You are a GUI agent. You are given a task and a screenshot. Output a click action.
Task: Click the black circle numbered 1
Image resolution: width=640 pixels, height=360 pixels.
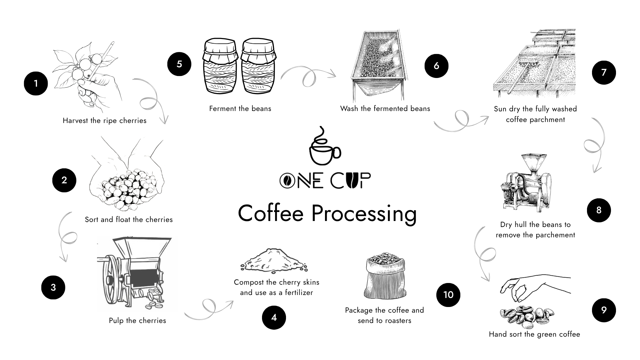coord(36,83)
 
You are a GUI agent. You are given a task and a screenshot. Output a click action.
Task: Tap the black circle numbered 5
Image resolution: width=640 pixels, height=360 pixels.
coord(179,64)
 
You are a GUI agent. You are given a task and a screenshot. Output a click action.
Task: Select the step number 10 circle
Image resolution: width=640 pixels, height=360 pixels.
coord(448,295)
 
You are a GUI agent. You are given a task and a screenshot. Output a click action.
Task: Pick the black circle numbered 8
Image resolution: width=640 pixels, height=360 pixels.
coord(599,210)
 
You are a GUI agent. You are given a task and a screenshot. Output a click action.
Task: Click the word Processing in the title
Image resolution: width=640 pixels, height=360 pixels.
coord(364,213)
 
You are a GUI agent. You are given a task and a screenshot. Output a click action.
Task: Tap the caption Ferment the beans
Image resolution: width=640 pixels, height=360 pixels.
coord(240,109)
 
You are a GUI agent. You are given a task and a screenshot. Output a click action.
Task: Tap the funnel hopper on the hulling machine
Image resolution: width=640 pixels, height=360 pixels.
coord(533,163)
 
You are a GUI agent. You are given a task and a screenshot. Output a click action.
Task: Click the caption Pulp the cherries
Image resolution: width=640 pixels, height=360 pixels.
coord(137,321)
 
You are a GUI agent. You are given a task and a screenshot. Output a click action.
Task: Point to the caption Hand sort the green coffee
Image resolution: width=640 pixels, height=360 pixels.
coord(534,334)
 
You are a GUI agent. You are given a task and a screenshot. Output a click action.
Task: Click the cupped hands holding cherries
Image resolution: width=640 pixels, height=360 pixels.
coord(127,180)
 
